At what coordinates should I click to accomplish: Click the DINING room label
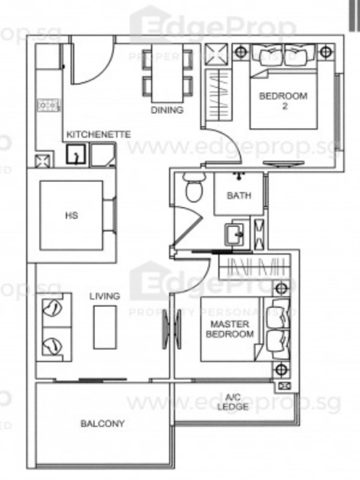click(167, 110)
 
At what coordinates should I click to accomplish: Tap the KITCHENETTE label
click(99, 135)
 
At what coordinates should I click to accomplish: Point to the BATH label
click(239, 196)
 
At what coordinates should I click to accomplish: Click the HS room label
click(72, 215)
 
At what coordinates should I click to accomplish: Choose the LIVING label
click(105, 296)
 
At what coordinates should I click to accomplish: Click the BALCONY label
click(103, 423)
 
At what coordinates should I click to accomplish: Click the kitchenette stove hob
click(49, 105)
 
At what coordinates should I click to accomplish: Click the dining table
click(167, 73)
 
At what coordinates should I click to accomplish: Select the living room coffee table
click(105, 327)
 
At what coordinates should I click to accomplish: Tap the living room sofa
click(54, 327)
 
